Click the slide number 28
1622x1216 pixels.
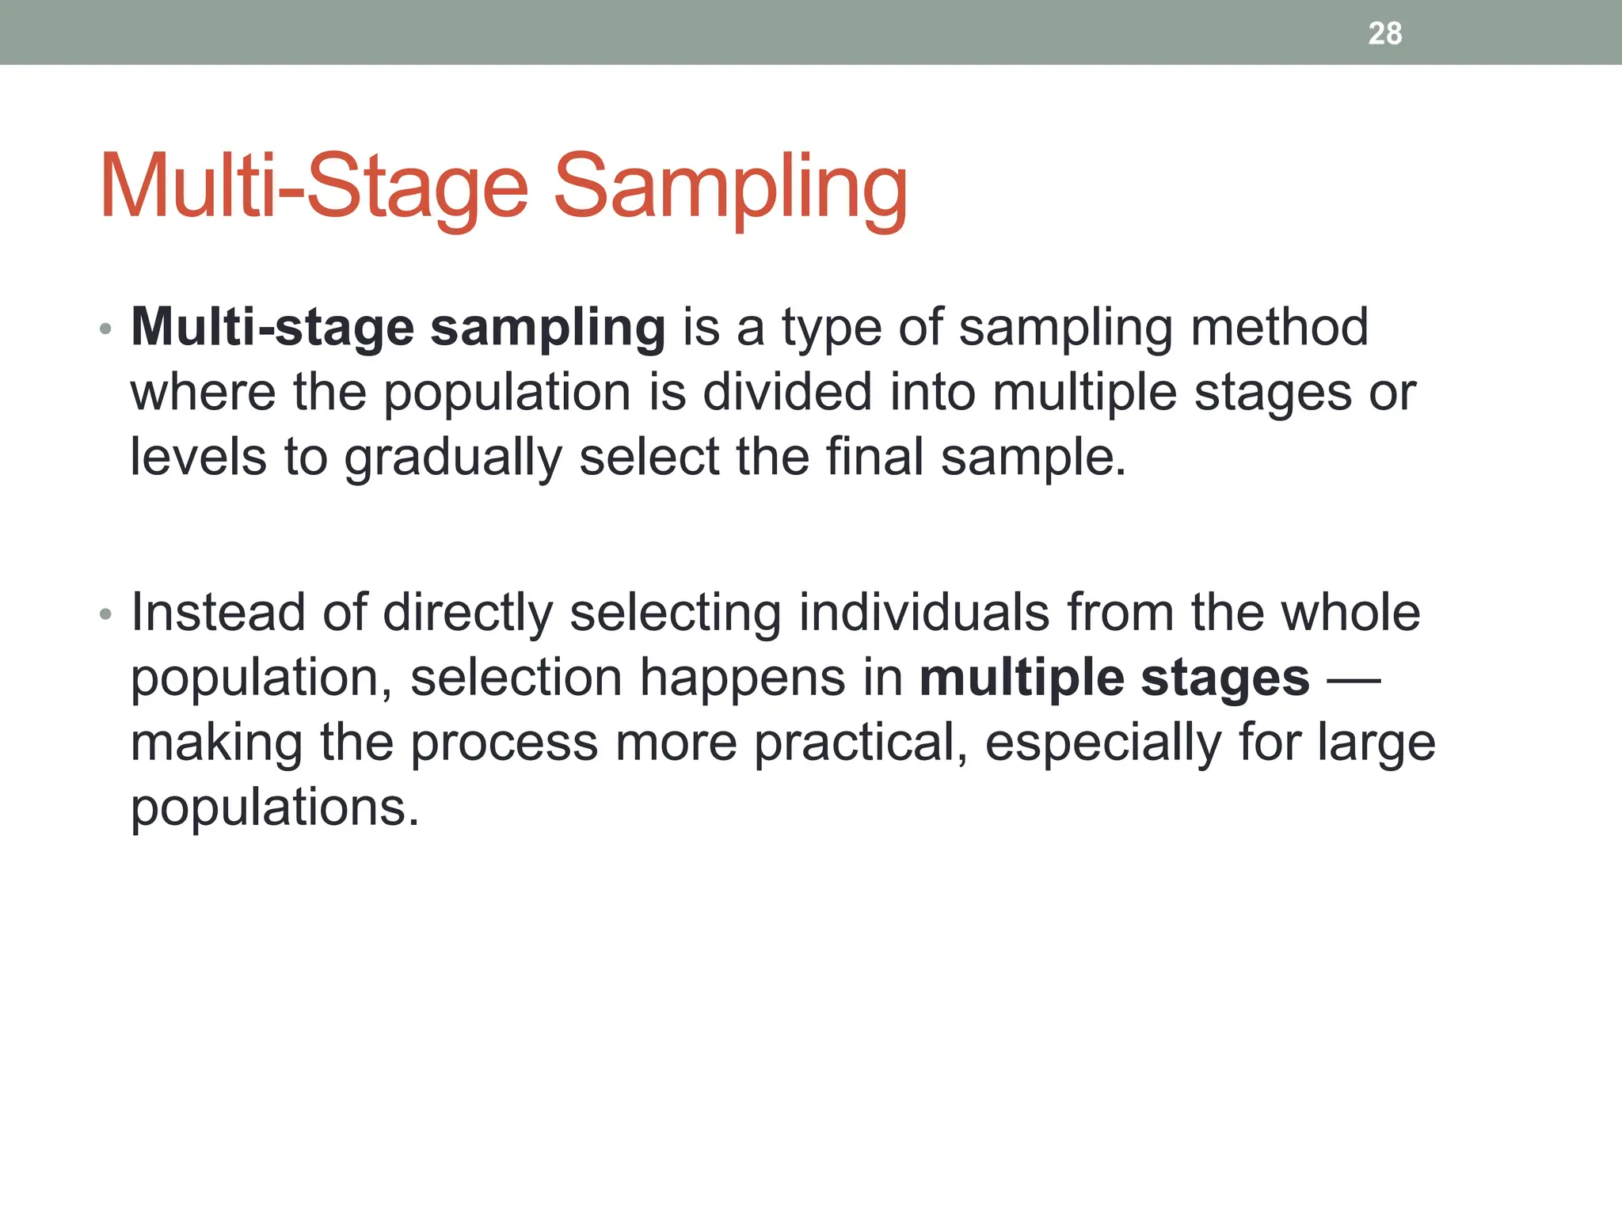tap(1384, 33)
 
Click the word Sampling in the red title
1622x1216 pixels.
tap(729, 188)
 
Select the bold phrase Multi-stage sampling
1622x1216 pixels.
tap(398, 328)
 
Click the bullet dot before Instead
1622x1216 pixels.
tap(106, 614)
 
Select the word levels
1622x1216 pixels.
tap(198, 457)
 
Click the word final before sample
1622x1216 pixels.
tap(874, 457)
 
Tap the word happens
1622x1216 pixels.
tap(742, 678)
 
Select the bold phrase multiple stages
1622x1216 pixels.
tap(1114, 678)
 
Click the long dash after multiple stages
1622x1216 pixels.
tap(1353, 679)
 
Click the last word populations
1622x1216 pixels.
tap(274, 808)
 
